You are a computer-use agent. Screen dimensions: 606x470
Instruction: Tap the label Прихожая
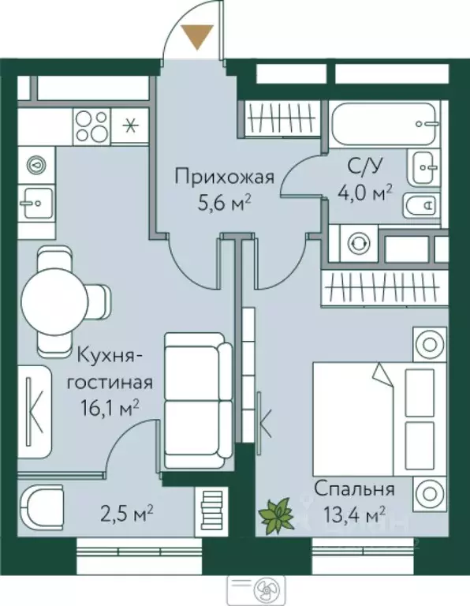pos(225,177)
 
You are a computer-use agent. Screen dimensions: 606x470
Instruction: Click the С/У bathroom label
pos(366,166)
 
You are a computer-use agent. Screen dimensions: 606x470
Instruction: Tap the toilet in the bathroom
pos(423,206)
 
